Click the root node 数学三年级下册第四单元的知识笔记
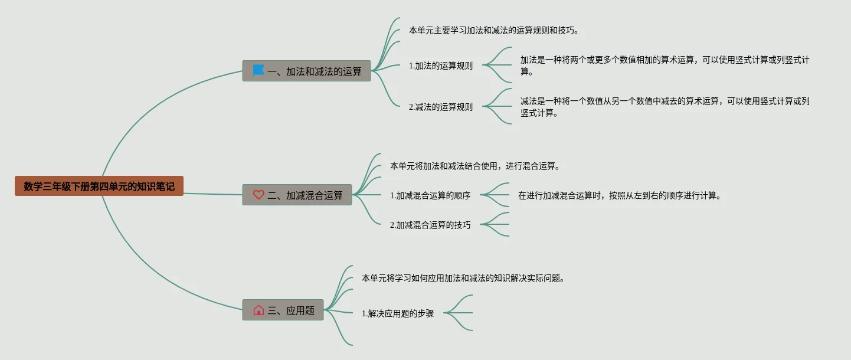[x=99, y=186]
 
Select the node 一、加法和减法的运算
[x=306, y=71]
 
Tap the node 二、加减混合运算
[x=297, y=195]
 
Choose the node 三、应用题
[x=283, y=310]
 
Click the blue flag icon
[x=258, y=71]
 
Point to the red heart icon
[x=258, y=195]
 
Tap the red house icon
[x=258, y=310]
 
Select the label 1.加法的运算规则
[x=441, y=66]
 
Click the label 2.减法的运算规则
[x=441, y=107]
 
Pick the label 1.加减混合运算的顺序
[x=430, y=195]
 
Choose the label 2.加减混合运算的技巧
[x=430, y=225]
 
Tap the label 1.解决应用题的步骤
[x=398, y=313]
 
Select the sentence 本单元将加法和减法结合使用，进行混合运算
[x=475, y=166]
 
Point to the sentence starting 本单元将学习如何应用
[x=463, y=278]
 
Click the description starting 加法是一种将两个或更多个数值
[x=665, y=66]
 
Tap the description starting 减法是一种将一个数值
[x=665, y=107]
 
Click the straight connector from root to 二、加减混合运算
[x=212, y=194]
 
